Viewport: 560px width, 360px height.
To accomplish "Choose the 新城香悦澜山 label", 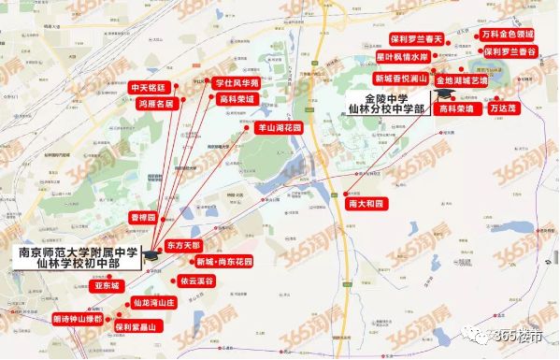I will (400, 79).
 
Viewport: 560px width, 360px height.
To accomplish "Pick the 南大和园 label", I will (366, 202).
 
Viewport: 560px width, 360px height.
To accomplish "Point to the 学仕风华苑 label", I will (237, 82).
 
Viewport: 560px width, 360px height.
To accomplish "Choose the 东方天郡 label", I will (183, 245).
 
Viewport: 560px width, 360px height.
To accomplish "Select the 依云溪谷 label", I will (197, 281).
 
